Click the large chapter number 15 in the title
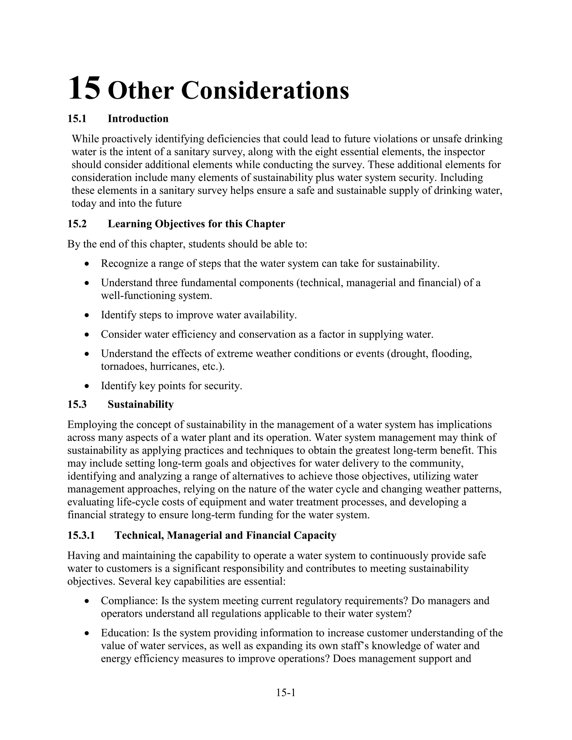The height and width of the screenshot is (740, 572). [x=84, y=89]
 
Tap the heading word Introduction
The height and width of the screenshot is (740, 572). [x=138, y=119]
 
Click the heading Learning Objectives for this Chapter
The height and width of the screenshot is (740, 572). [x=196, y=224]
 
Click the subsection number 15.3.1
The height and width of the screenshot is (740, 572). [x=81, y=535]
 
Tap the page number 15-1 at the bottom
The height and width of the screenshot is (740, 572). [x=286, y=693]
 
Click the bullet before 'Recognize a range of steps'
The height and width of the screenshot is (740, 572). [x=87, y=264]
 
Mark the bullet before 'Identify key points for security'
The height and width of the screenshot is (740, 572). [x=87, y=386]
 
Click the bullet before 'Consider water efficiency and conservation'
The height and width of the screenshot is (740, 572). [x=87, y=335]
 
